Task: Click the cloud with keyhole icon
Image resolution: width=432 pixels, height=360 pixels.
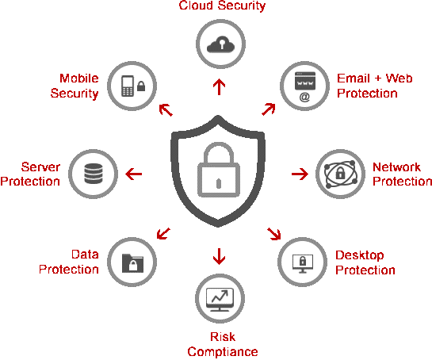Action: pos(220,44)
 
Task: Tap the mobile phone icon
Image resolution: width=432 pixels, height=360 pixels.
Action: pos(128,86)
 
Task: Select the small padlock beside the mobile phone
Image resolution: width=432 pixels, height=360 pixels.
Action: pos(141,86)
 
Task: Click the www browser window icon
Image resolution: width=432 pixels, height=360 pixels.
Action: pos(305,81)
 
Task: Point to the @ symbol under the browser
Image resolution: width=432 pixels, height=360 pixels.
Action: pos(304,97)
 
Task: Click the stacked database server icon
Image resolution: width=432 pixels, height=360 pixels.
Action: pos(94,174)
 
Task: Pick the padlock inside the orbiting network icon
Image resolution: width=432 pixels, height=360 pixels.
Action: pos(340,173)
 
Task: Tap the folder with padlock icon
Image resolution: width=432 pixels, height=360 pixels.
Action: pos(132,263)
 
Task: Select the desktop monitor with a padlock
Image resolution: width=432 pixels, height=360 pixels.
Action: pos(303,263)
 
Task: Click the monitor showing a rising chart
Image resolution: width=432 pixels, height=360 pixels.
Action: pos(220,300)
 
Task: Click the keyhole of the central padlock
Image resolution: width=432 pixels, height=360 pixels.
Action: pos(219,183)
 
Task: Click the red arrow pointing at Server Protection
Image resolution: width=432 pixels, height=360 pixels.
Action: pos(134,174)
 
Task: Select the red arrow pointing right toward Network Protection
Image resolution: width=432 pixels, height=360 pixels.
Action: pos(300,174)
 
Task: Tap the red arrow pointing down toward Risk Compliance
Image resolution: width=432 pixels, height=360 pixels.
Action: pos(219,256)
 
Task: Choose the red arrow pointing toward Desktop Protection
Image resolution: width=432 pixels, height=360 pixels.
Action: pos(274,234)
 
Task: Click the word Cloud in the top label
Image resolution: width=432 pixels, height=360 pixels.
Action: pos(195,6)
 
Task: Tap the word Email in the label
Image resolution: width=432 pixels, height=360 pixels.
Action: pos(354,79)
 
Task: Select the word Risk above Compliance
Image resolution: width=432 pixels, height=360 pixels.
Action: pos(223,336)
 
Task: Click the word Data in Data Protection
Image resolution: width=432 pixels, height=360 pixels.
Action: pos(85,255)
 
